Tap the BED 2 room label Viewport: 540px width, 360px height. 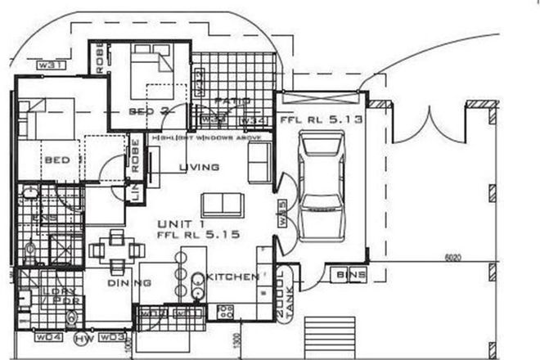point(148,110)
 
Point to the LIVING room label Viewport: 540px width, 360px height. point(199,168)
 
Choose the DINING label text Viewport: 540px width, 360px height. point(129,282)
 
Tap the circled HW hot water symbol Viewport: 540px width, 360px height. point(81,337)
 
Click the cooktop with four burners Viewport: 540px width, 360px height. point(225,311)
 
